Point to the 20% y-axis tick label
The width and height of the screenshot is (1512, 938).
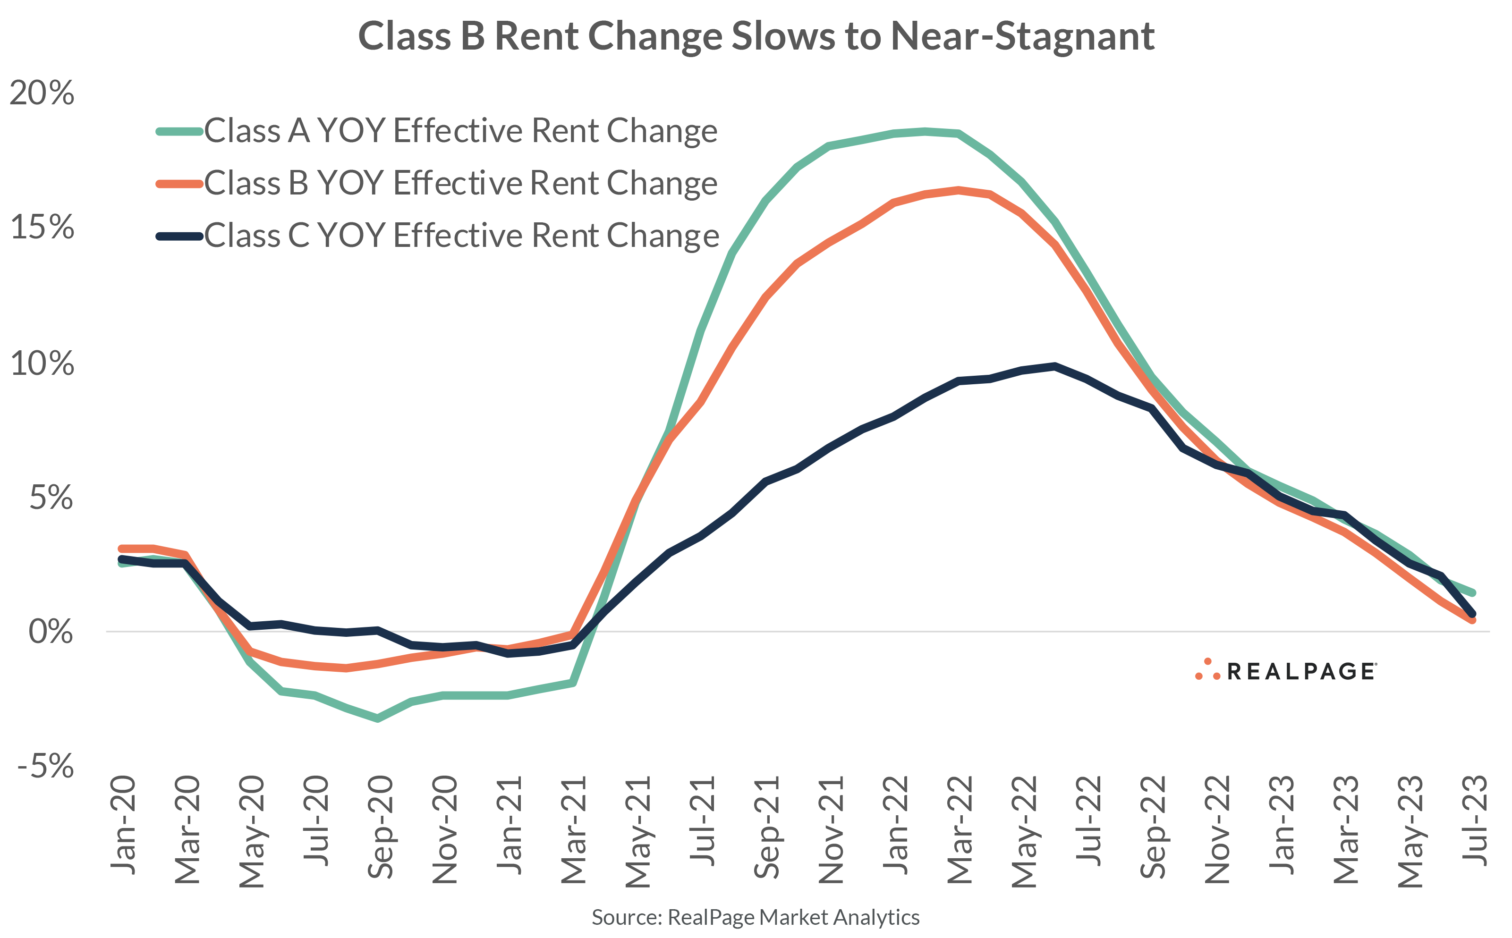pyautogui.click(x=42, y=93)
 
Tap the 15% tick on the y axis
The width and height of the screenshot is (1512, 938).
pyautogui.click(x=42, y=227)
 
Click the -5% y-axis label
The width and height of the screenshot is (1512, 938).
pyautogui.click(x=45, y=766)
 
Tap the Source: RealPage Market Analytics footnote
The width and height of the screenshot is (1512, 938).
pyautogui.click(x=755, y=917)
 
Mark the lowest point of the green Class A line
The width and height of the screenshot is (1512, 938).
pyautogui.click(x=378, y=719)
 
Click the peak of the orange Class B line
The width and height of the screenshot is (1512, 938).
pyautogui.click(x=959, y=190)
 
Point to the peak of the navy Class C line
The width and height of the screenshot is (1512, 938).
pyautogui.click(x=1055, y=366)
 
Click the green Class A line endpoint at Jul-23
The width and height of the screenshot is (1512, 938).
pyautogui.click(x=1472, y=592)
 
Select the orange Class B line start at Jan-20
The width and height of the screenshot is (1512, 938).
pyautogui.click(x=122, y=549)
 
